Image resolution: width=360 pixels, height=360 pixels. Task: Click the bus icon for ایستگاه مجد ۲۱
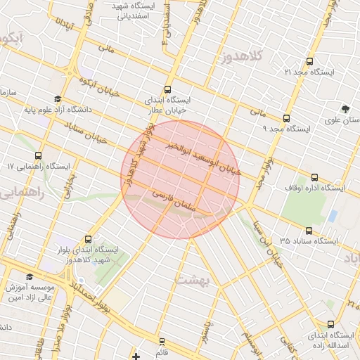(x=310, y=62)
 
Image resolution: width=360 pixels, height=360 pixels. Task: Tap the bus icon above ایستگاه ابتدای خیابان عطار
(x=167, y=89)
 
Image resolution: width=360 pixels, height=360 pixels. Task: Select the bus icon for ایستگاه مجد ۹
(x=286, y=118)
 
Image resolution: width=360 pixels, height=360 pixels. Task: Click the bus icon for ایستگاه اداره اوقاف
(x=314, y=177)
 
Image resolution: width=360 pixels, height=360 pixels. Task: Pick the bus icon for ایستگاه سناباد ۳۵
(x=309, y=230)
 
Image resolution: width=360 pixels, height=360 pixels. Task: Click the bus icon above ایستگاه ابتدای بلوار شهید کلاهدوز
(x=88, y=239)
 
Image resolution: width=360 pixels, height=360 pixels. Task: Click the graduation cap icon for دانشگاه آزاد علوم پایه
(x=57, y=98)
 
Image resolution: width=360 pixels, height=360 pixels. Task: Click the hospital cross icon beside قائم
(x=136, y=356)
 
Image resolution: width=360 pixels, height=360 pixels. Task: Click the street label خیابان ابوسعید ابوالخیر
(x=205, y=159)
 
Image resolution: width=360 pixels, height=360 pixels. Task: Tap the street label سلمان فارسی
(x=172, y=200)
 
